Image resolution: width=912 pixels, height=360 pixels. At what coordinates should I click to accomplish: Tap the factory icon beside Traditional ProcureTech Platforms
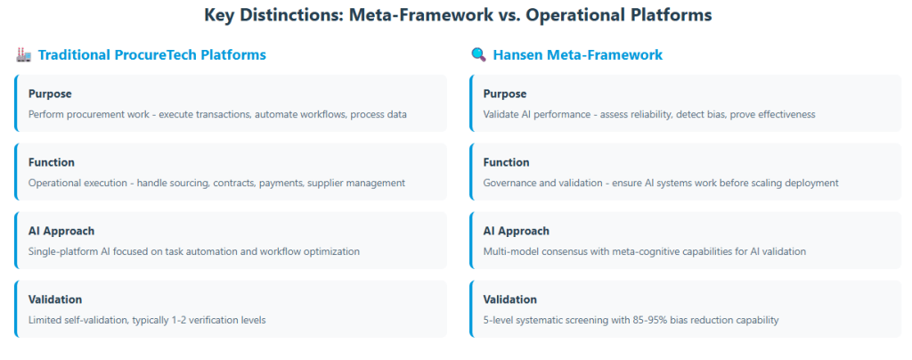click(x=23, y=55)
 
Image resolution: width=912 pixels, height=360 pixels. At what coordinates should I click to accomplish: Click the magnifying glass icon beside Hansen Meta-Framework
click(x=478, y=55)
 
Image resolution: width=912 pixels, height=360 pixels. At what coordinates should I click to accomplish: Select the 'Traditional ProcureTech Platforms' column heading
click(x=151, y=55)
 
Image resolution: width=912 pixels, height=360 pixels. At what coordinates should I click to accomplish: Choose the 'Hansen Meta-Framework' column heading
click(x=577, y=55)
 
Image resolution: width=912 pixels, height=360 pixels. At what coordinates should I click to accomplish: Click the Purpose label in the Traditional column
click(x=50, y=94)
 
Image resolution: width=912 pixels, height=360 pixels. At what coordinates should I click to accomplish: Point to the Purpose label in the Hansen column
click(x=505, y=94)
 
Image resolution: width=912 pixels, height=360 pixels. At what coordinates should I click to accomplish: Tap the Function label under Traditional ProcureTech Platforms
click(x=51, y=162)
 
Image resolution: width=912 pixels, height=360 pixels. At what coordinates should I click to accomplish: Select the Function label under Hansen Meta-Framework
click(x=506, y=162)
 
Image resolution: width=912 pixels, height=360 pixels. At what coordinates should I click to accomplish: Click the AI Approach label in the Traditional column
click(x=61, y=231)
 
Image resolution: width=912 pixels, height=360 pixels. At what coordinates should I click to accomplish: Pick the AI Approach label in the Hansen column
click(x=516, y=231)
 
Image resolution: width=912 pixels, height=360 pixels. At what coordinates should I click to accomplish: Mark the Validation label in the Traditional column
click(x=55, y=299)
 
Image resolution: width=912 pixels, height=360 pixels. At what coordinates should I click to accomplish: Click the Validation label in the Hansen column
click(x=510, y=299)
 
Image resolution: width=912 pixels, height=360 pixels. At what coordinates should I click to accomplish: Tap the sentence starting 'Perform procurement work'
click(x=217, y=115)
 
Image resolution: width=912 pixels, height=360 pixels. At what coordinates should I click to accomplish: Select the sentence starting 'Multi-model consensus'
click(x=645, y=252)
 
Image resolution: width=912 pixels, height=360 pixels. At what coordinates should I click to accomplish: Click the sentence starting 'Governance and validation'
click(x=661, y=184)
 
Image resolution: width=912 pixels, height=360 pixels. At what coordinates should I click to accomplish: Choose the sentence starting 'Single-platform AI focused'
click(x=193, y=252)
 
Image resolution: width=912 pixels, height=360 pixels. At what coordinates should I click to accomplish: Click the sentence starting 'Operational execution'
click(x=216, y=184)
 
